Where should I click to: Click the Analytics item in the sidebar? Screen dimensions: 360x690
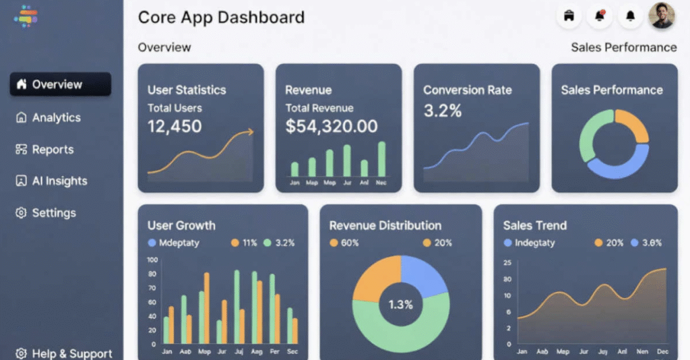(x=56, y=117)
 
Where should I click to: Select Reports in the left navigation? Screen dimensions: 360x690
(x=53, y=150)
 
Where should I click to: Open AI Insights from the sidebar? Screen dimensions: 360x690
(x=59, y=181)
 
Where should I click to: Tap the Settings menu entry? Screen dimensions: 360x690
(x=54, y=213)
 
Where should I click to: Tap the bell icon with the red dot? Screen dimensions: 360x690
(x=599, y=16)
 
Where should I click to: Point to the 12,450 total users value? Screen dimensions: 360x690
(x=175, y=125)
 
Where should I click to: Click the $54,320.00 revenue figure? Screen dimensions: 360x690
(x=331, y=126)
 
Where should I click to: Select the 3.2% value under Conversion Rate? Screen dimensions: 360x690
(x=442, y=111)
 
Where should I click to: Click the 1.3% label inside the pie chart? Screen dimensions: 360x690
(x=400, y=305)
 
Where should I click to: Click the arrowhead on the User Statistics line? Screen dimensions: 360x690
(x=250, y=132)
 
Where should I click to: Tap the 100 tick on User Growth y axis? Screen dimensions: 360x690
(x=152, y=260)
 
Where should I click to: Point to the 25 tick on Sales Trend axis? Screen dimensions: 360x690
(x=507, y=262)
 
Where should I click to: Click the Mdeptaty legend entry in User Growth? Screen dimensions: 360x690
(x=179, y=243)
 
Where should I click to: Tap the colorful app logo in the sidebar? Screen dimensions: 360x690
(x=26, y=16)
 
